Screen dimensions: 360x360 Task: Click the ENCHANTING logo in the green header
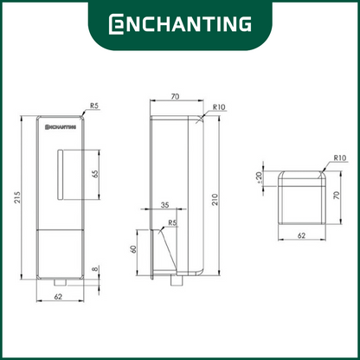pos(180,23)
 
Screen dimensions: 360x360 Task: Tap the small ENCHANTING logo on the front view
pos(61,126)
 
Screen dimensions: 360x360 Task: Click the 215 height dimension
pos(18,197)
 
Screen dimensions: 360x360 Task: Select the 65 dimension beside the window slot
pos(95,174)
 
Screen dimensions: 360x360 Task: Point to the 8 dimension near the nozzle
pos(95,269)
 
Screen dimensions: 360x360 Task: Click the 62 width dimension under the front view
pos(58,297)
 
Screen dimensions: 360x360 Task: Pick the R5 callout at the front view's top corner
pos(94,106)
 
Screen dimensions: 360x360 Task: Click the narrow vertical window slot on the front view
pos(60,175)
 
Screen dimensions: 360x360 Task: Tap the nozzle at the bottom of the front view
pos(60,282)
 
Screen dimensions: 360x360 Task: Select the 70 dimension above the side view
pos(175,96)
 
